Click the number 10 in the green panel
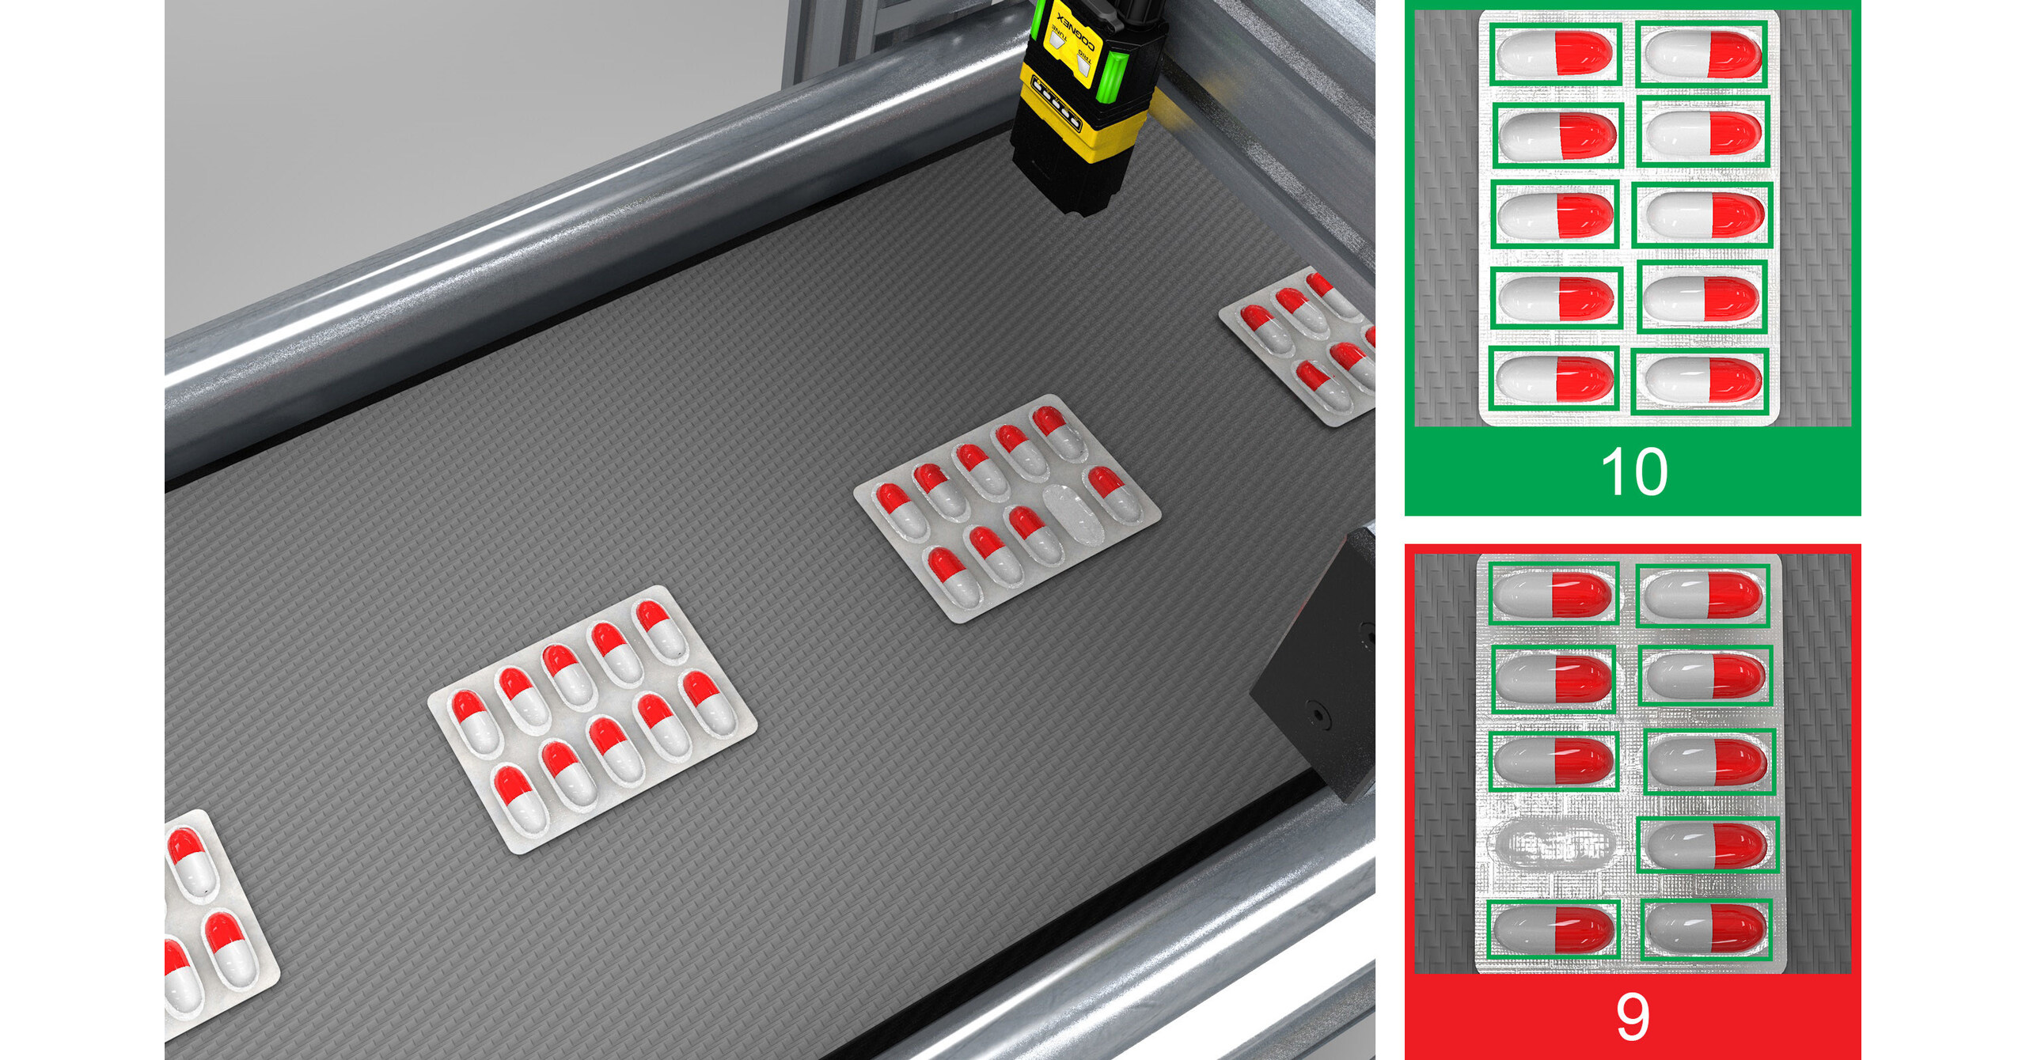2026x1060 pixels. (1633, 472)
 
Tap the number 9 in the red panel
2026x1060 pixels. (1633, 1016)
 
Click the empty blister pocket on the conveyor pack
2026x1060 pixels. (1073, 514)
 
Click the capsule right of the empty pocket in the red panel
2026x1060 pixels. (1705, 845)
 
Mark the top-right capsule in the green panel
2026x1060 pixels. (1702, 54)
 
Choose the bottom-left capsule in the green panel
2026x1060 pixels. (1553, 378)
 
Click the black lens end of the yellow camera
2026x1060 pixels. (1060, 182)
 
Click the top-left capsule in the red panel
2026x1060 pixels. (1554, 593)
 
